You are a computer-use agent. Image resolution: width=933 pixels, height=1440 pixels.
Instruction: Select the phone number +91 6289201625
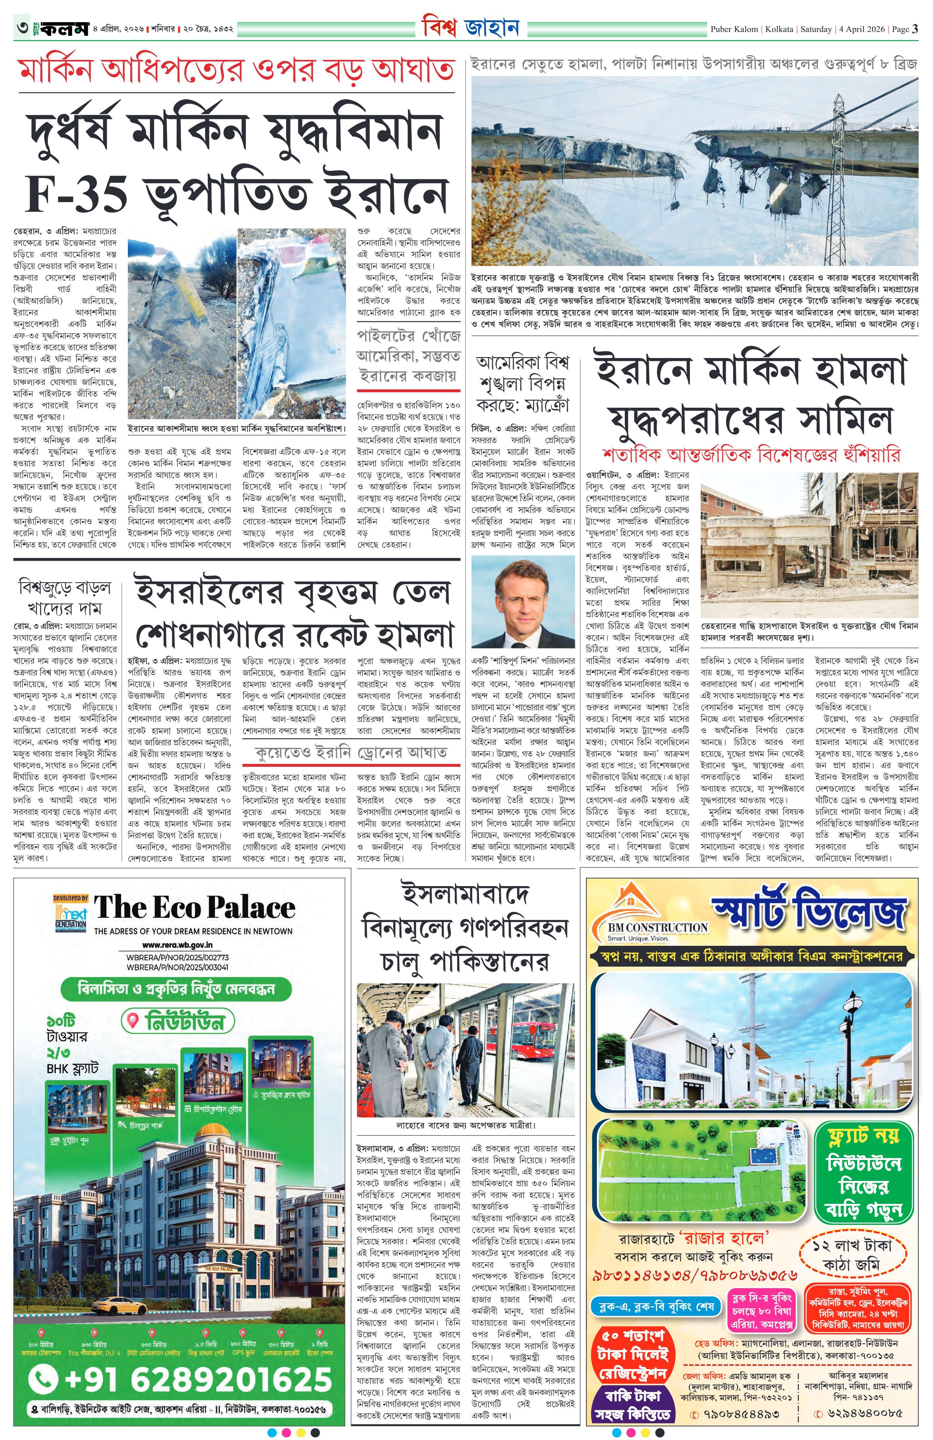point(182,1379)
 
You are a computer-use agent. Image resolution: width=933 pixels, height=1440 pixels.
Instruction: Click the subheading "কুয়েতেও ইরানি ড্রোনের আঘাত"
point(352,752)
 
